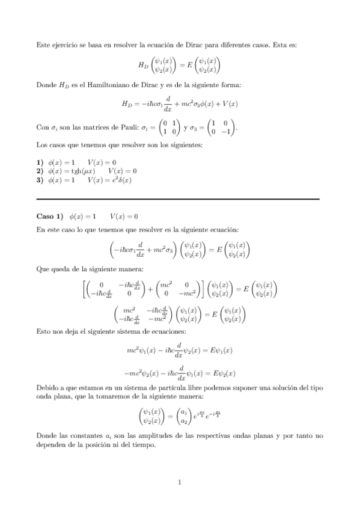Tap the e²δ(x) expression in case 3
(120, 179)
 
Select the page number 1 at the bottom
(180, 481)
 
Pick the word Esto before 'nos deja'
(44, 332)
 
